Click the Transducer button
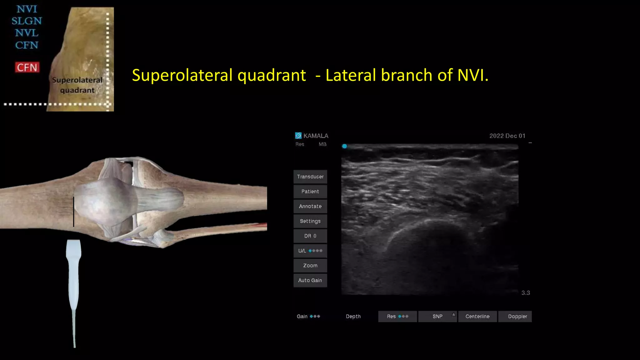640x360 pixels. point(310,177)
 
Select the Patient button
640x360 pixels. point(310,192)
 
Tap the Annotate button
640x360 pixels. point(310,206)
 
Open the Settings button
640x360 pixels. point(310,221)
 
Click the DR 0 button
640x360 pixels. point(310,236)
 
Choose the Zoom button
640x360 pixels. point(310,266)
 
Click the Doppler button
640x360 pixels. point(517,316)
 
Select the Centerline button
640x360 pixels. point(477,316)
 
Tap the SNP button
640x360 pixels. point(437,316)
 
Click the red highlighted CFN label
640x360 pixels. point(27,67)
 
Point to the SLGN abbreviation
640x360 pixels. point(27,21)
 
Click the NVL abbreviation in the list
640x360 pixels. point(27,33)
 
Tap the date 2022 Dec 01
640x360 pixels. point(507,136)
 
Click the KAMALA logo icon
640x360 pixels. point(298,136)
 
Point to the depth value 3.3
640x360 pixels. point(525,293)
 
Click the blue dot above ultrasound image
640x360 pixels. point(344,146)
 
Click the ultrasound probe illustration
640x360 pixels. point(74,275)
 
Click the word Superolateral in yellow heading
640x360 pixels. point(184,75)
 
